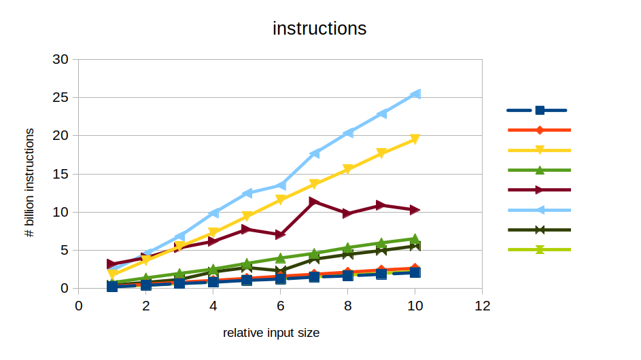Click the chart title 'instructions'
tap(319, 29)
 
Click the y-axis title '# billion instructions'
tap(29, 182)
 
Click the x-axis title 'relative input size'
tap(271, 333)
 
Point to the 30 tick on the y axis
tap(60, 59)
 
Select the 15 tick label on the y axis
tap(60, 174)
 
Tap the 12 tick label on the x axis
tap(482, 306)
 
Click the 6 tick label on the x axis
tap(280, 306)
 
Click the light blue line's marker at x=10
tap(415, 94)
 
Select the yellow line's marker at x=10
tap(415, 139)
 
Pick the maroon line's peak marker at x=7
tap(314, 202)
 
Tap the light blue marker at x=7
tap(314, 154)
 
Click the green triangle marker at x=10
tap(415, 238)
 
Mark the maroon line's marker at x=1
tap(112, 264)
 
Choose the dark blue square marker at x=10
tap(415, 272)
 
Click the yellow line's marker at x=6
tap(280, 200)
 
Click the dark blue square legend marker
tap(539, 110)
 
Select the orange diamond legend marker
tap(539, 130)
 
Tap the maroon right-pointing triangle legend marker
tap(539, 190)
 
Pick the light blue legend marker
tap(539, 210)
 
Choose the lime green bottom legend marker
tap(539, 250)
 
